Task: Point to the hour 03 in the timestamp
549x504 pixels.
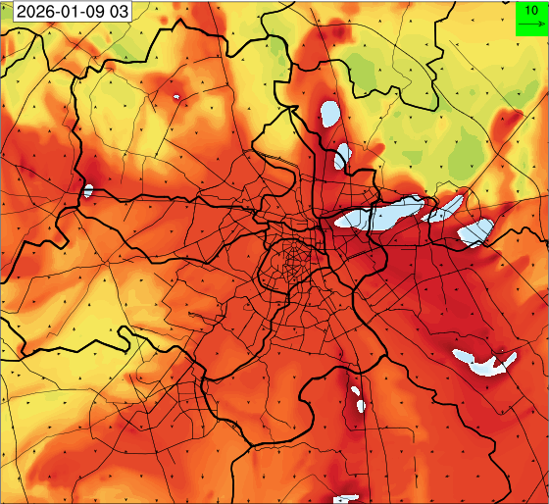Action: pos(118,12)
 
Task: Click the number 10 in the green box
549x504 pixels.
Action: pos(531,9)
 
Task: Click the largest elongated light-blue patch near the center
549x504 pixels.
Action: pos(377,215)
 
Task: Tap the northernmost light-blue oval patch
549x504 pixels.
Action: pos(329,115)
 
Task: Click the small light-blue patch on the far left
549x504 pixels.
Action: pos(87,190)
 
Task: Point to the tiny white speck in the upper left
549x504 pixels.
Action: pos(175,97)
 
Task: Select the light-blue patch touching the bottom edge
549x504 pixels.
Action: pos(347,499)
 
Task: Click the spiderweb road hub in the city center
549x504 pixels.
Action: pos(291,262)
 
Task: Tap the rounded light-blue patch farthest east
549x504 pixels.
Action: pos(477,232)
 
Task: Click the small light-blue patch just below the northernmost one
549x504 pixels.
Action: pos(342,156)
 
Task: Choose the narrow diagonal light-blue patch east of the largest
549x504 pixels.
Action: pos(446,208)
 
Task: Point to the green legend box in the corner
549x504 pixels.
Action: pos(531,18)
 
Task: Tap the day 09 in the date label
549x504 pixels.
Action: pos(92,12)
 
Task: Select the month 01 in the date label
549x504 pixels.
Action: pos(68,12)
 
